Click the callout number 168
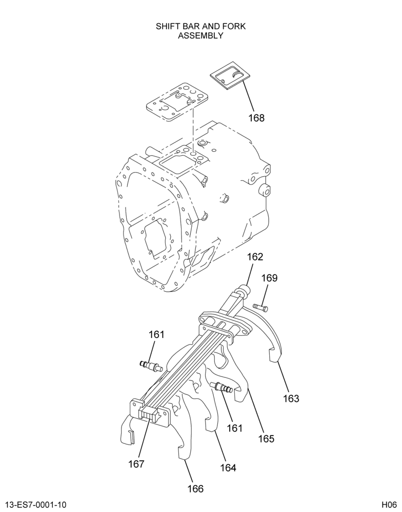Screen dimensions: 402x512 point(256,118)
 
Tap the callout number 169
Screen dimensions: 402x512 point(270,278)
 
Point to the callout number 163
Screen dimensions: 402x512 point(291,398)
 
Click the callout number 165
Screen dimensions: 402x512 point(266,439)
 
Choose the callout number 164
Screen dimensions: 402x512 point(228,468)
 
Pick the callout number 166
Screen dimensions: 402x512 point(195,489)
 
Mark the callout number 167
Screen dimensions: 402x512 point(136,464)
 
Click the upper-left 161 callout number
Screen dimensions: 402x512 point(157,335)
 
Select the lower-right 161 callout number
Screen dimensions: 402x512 point(234,428)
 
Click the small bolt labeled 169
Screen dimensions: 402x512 point(260,307)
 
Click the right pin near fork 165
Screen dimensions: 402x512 point(222,387)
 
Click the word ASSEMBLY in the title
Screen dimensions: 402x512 point(200,36)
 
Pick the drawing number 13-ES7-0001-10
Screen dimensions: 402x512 point(36,505)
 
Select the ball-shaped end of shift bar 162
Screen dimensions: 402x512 point(245,290)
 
